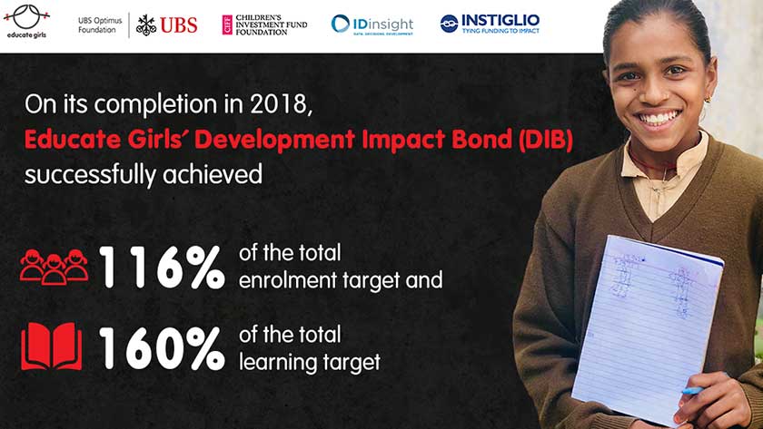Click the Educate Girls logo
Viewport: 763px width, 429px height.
click(26, 22)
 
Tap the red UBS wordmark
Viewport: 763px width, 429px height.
click(179, 25)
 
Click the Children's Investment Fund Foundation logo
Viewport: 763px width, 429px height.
click(264, 24)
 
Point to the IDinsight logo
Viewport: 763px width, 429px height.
click(372, 24)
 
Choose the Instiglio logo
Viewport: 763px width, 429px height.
click(490, 24)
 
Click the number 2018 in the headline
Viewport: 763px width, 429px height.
click(281, 104)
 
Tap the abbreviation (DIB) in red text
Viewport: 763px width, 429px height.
click(546, 140)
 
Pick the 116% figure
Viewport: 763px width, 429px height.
click(162, 267)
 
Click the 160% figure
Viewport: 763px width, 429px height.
click(162, 348)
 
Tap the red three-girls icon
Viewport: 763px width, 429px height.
click(54, 267)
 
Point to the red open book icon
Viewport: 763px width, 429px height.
click(52, 346)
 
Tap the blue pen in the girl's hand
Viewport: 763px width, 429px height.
click(692, 390)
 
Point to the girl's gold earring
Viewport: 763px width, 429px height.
click(707, 99)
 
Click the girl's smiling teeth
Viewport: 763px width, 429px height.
click(659, 118)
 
